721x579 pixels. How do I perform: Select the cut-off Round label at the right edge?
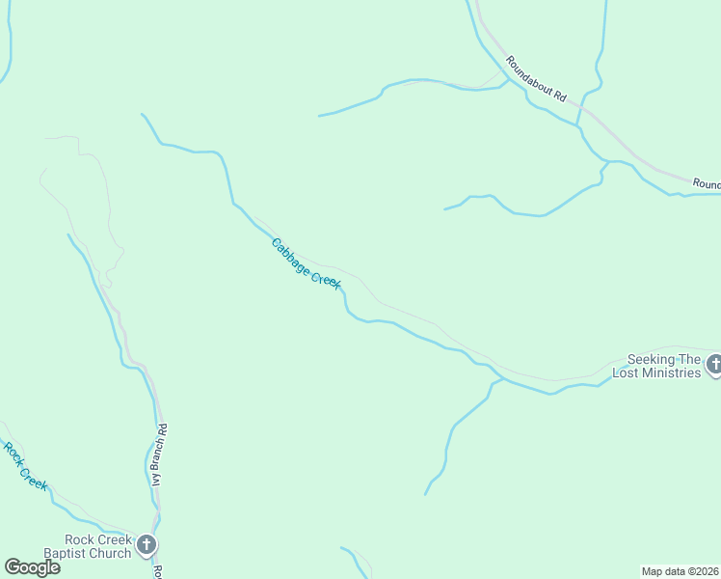point(707,183)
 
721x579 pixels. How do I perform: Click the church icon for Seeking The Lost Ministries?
point(714,365)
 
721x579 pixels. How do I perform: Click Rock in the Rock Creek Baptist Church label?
point(80,540)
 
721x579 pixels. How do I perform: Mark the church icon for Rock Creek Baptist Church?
point(147,546)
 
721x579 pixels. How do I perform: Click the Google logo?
point(33,567)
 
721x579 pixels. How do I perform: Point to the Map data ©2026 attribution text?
point(681,571)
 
